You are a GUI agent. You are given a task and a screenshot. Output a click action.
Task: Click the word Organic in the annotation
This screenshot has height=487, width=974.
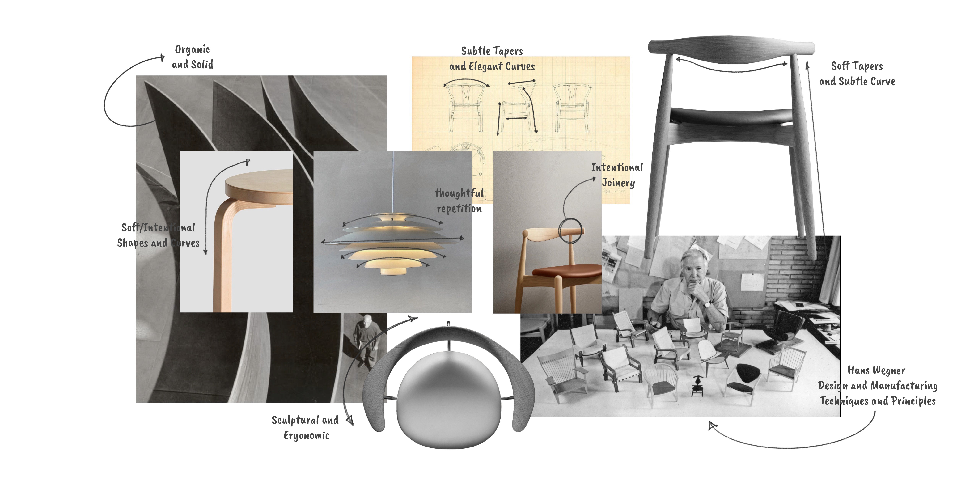tap(192, 49)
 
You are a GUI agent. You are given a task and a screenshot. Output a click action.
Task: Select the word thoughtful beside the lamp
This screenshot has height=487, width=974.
tap(459, 193)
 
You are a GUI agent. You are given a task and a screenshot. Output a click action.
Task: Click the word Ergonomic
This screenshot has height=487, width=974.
tap(306, 436)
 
